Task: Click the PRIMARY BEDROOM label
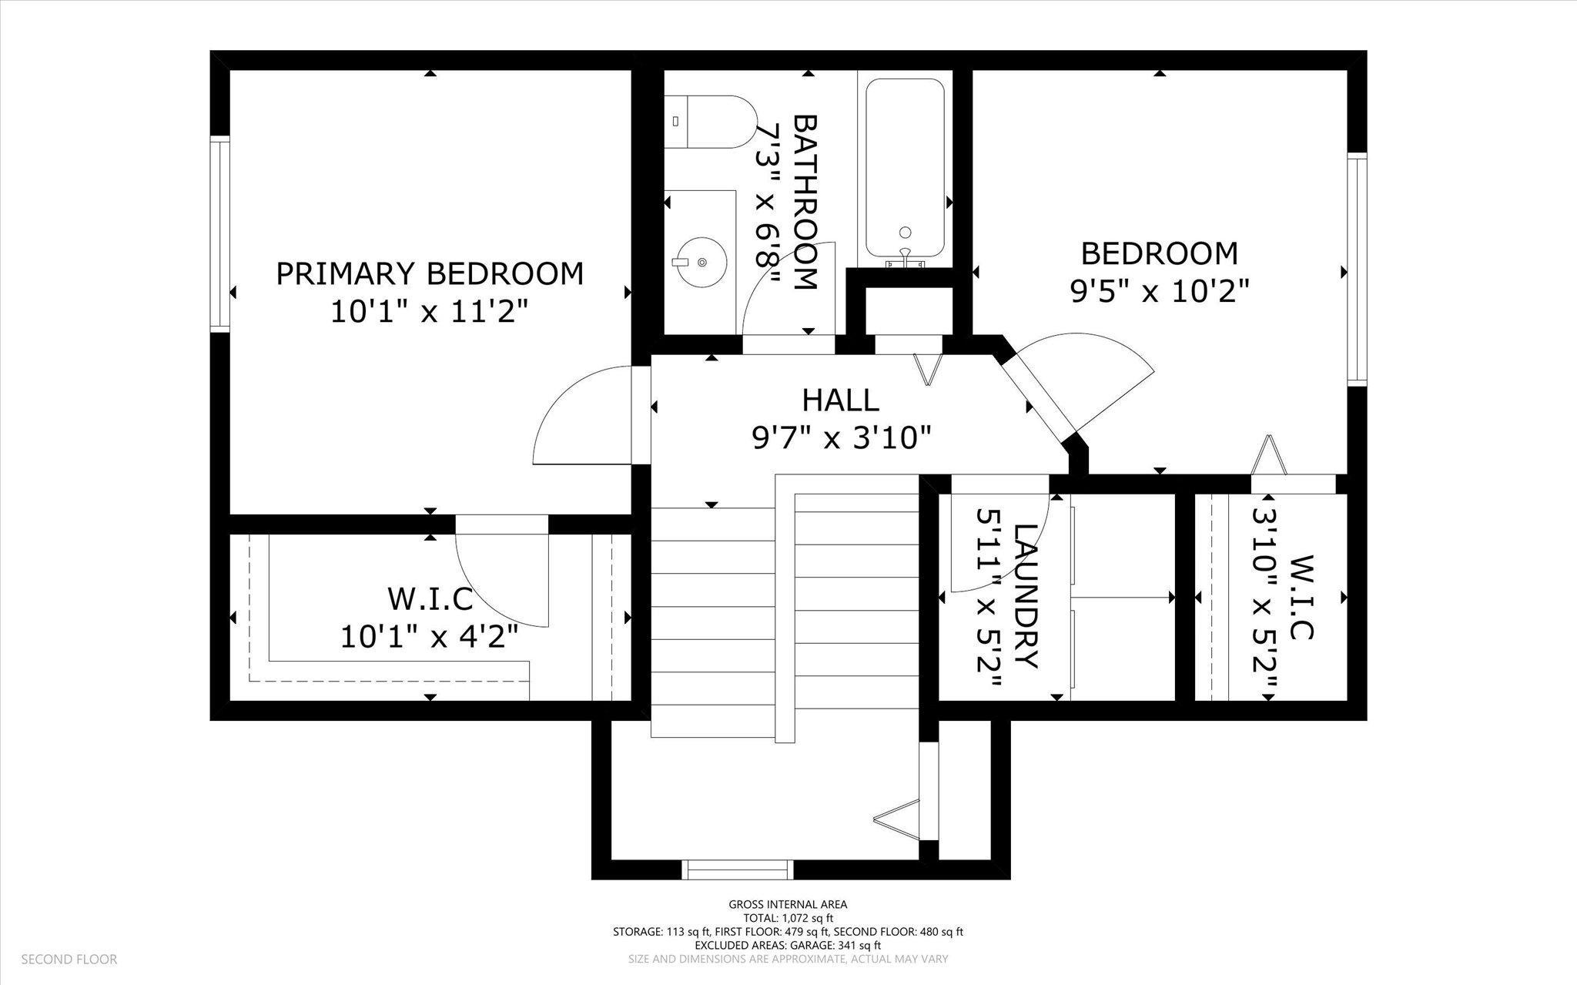[x=430, y=274]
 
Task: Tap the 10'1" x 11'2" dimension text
[x=430, y=312]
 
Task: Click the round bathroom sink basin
[x=701, y=262]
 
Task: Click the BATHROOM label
[x=804, y=202]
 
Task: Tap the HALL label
[x=841, y=400]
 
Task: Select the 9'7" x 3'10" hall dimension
[x=842, y=438]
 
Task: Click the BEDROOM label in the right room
[x=1159, y=253]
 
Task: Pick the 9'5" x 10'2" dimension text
[x=1159, y=291]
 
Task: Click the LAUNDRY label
[x=1026, y=596]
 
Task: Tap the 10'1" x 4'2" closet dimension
[x=430, y=637]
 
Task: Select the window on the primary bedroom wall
[x=220, y=234]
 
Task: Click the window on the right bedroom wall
[x=1357, y=268]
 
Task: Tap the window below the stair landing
[x=738, y=869]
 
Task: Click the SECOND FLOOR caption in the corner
[x=69, y=960]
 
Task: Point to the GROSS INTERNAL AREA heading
[x=788, y=905]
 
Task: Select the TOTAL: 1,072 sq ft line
[x=788, y=918]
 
